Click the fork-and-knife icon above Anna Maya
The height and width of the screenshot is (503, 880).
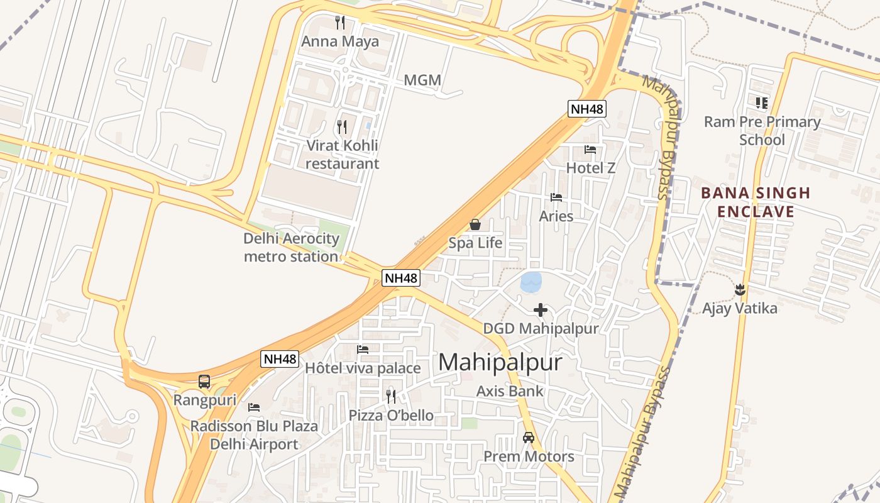pos(340,23)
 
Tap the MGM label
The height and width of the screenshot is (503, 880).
pos(422,80)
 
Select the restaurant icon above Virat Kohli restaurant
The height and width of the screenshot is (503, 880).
pos(342,127)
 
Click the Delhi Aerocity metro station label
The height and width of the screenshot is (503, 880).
pos(291,248)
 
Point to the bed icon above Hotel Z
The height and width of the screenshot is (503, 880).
pos(590,150)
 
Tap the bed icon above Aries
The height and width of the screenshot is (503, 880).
pos(556,197)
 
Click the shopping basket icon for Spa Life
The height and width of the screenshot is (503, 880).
pos(475,224)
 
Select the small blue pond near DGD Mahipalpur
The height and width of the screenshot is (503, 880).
pos(531,282)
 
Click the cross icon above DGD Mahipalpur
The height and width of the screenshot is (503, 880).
pos(540,309)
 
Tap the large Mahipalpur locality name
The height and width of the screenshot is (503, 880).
pos(500,362)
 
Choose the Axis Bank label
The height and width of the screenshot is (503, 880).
pos(510,391)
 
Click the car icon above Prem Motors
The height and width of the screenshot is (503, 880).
pos(529,438)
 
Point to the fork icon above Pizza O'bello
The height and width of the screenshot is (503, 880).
pos(391,396)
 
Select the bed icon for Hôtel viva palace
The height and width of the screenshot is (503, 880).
pos(363,350)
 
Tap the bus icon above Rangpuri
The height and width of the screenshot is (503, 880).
pos(204,381)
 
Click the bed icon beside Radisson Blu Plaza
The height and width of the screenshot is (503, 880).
pos(254,407)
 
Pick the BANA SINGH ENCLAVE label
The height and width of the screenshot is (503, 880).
pos(756,202)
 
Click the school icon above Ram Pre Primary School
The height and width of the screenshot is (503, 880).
pos(762,102)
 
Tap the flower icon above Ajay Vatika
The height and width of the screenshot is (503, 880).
pos(740,290)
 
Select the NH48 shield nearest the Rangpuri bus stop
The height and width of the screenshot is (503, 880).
pos(280,359)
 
